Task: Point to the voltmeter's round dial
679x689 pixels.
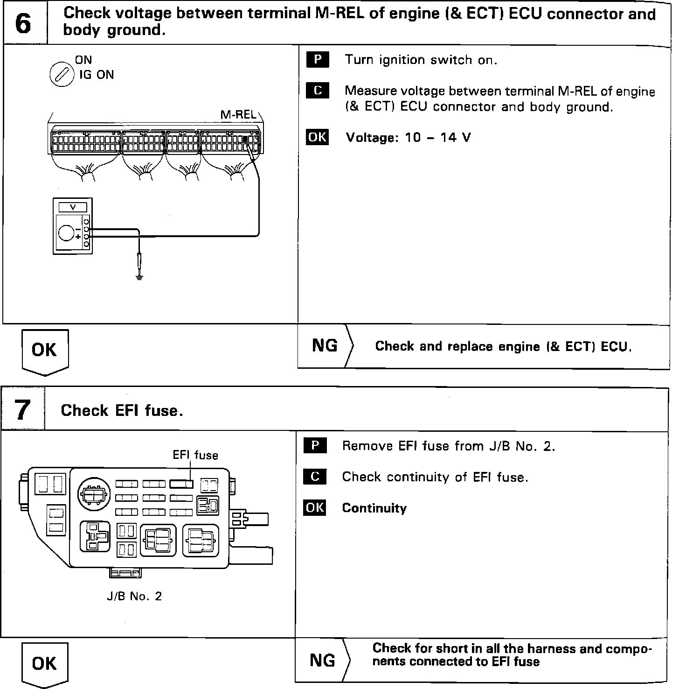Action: coord(66,232)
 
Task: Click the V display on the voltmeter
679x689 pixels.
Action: coord(72,206)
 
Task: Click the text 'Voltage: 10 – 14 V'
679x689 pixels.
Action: coord(408,138)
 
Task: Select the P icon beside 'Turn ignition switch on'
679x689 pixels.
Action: coord(318,60)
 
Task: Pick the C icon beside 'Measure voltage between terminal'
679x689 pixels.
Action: coord(318,91)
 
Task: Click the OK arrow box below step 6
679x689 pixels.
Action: coord(45,351)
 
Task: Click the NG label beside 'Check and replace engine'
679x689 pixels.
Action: coord(325,345)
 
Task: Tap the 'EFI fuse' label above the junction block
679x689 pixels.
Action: coord(195,455)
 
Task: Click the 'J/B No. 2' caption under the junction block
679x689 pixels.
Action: coord(134,596)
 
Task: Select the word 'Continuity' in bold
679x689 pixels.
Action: coord(374,508)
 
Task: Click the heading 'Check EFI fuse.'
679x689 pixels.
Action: coord(121,411)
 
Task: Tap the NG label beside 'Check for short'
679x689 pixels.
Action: coord(322,660)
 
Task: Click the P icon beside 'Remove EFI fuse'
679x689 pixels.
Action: coord(315,446)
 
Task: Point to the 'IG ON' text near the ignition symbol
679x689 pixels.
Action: coord(97,75)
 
